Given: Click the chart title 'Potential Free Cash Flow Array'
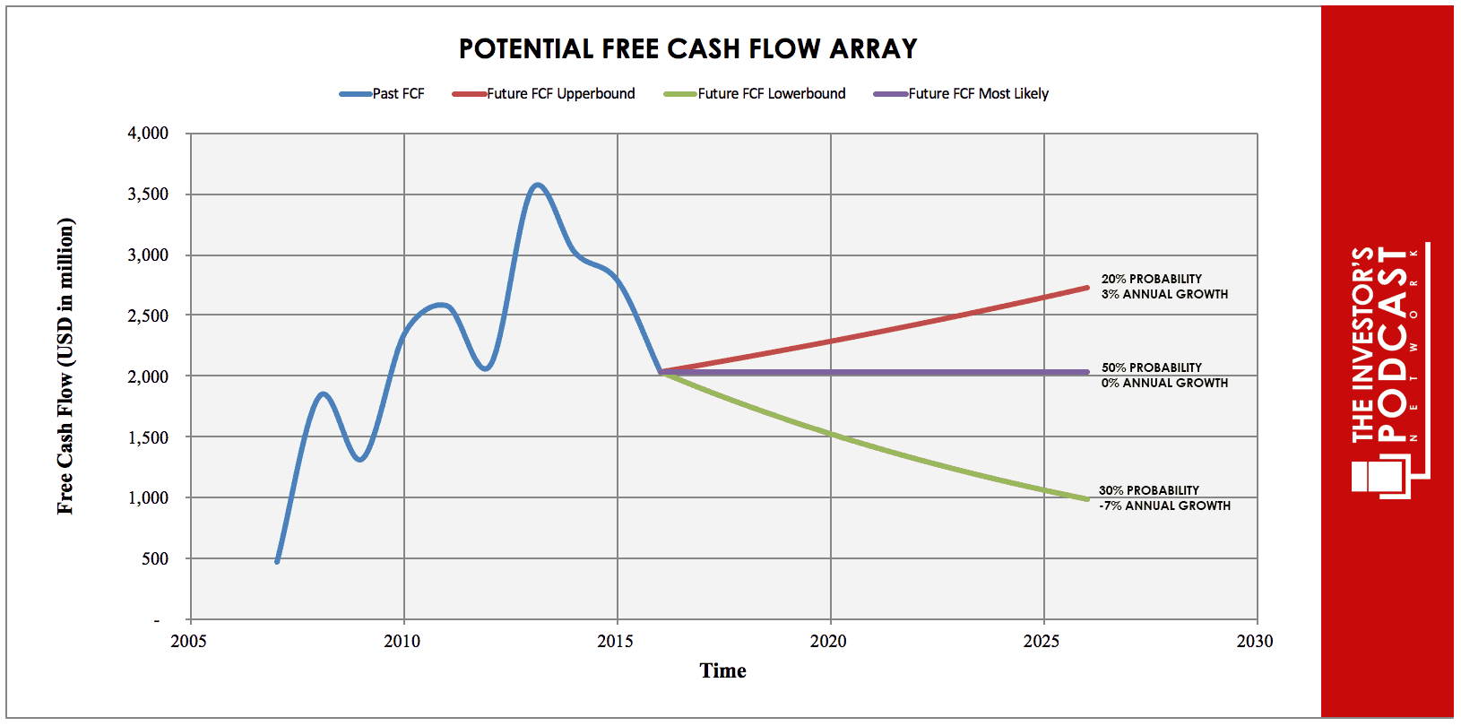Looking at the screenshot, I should click(x=687, y=48).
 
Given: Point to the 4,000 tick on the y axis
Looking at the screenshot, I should click(x=148, y=134).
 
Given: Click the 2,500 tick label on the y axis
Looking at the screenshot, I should click(x=148, y=315).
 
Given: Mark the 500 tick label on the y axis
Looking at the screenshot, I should click(x=154, y=558).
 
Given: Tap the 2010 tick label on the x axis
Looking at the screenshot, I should click(x=402, y=641).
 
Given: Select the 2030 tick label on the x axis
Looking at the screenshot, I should click(x=1255, y=641).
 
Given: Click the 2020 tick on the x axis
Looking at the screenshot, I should click(x=828, y=641).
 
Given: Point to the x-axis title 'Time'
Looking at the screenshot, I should click(x=722, y=670).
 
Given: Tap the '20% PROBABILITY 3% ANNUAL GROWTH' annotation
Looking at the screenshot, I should click(x=1164, y=287).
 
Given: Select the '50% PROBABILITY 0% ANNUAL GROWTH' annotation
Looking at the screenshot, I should click(x=1164, y=376).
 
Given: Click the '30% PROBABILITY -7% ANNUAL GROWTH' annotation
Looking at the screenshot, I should click(x=1164, y=498).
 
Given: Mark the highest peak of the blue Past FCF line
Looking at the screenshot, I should click(x=537, y=185).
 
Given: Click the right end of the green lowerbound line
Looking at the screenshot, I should click(x=1086, y=498).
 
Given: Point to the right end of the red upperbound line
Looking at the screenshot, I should click(x=1086, y=288).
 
